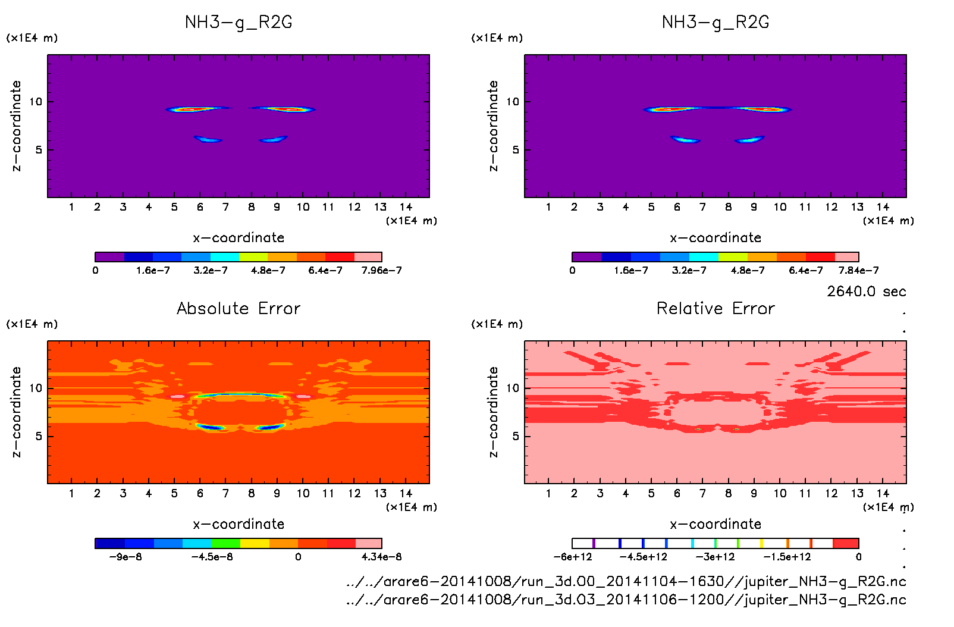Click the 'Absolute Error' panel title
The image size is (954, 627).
tap(238, 308)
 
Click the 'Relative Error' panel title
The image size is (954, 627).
tap(715, 308)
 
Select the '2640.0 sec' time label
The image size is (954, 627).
tap(866, 291)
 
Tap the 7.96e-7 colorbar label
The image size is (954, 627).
tap(381, 271)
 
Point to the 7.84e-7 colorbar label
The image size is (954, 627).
tap(858, 271)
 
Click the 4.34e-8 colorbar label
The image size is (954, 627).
tap(381, 557)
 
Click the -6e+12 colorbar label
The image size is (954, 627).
tap(573, 557)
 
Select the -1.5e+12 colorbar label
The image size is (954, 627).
tap(787, 557)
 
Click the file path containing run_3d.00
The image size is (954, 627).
tap(626, 581)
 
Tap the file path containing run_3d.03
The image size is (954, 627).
tap(626, 600)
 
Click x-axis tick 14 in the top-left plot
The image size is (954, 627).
tap(406, 207)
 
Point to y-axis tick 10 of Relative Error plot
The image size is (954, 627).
tap(513, 388)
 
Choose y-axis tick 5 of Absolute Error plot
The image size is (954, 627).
tap(39, 437)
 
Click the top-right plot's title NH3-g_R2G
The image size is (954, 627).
tap(715, 22)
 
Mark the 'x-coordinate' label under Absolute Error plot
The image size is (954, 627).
tap(238, 524)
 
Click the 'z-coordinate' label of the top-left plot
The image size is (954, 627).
tap(16, 126)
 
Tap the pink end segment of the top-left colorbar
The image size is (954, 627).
tap(368, 257)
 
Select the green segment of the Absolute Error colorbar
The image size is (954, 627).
tap(226, 543)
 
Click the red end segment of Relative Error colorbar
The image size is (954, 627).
tap(846, 543)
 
